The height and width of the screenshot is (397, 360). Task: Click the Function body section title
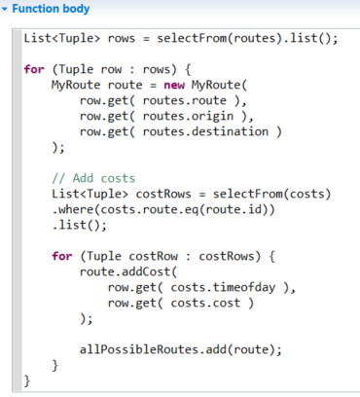pyautogui.click(x=51, y=9)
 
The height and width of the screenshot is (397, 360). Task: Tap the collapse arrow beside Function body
pyautogui.click(x=5, y=10)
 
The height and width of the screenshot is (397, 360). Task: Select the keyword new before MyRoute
pyautogui.click(x=174, y=85)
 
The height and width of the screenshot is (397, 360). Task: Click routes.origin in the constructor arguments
pyautogui.click(x=188, y=116)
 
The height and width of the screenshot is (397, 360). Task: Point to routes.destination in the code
pyautogui.click(x=205, y=131)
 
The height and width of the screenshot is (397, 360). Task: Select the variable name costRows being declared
pyautogui.click(x=163, y=194)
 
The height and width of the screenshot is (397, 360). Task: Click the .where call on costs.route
pyautogui.click(x=73, y=209)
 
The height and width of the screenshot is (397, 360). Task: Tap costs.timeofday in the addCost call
pyautogui.click(x=223, y=287)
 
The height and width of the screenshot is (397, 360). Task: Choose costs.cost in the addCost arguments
pyautogui.click(x=205, y=303)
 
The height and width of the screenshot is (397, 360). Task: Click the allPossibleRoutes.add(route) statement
pyautogui.click(x=181, y=349)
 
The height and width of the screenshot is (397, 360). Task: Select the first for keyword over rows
pyautogui.click(x=34, y=69)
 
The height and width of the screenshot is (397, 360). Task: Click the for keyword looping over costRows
pyautogui.click(x=62, y=256)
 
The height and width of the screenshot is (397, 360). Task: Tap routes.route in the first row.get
pyautogui.click(x=185, y=100)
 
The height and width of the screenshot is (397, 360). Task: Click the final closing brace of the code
pyautogui.click(x=27, y=380)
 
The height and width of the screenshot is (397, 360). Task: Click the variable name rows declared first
pyautogui.click(x=122, y=38)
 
